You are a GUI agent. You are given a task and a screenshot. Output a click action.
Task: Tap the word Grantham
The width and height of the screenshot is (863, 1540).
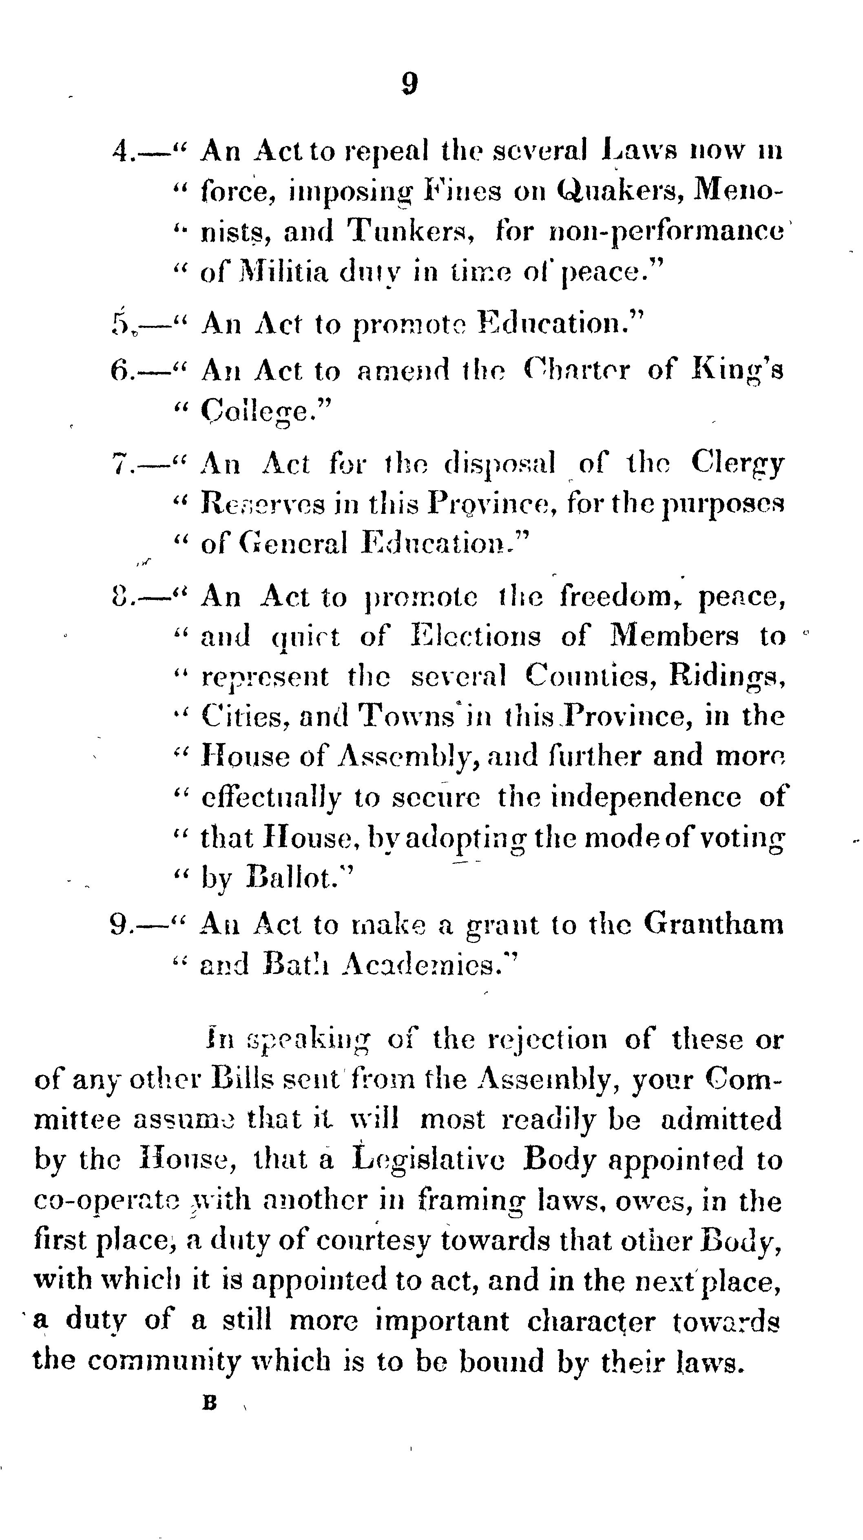tap(713, 925)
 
